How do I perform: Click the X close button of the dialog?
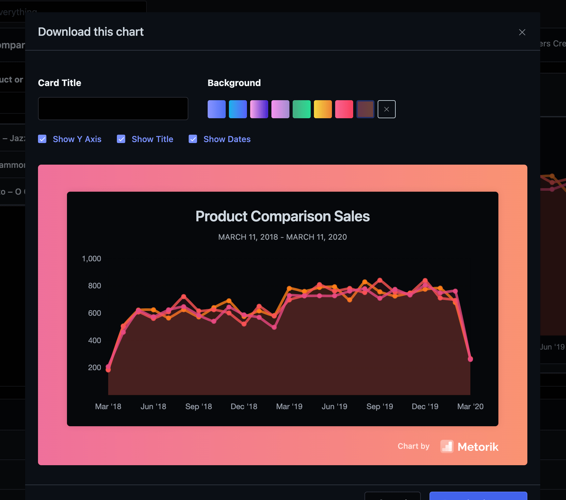coord(522,32)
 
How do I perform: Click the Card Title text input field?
coord(113,109)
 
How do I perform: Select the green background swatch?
coord(301,109)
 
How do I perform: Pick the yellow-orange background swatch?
coord(323,109)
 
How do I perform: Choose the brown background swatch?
coord(365,109)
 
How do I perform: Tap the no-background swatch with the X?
coord(386,109)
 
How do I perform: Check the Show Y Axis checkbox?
coord(42,139)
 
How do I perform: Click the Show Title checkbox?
coord(121,139)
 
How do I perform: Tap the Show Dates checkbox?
coord(193,139)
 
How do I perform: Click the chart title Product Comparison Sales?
coord(282,216)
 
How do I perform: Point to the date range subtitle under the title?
coord(282,237)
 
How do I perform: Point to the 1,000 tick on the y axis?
coord(91,259)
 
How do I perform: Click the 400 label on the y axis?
coord(94,341)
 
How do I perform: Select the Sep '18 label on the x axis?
coord(199,407)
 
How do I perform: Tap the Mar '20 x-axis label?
coord(470,407)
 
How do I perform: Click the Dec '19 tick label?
coord(425,407)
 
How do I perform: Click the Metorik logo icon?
coord(447,447)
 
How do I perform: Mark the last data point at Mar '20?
coord(470,359)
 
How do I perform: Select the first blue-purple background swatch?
coord(216,109)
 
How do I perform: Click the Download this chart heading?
coord(91,32)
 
